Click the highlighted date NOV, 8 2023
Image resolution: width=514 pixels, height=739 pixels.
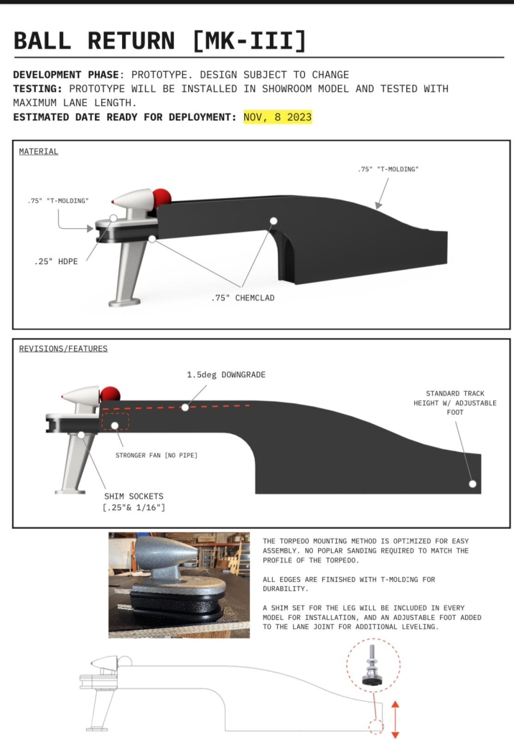click(278, 117)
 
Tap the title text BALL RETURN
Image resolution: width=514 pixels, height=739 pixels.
click(94, 40)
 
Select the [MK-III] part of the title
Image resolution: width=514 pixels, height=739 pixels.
click(249, 40)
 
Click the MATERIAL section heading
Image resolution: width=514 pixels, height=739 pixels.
click(39, 151)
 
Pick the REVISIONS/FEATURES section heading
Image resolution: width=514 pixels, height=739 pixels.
click(63, 348)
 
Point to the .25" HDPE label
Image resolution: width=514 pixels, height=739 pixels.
click(56, 261)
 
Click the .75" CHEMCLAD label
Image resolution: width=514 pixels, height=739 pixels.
click(243, 298)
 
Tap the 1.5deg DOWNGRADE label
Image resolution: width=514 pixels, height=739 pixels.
click(226, 375)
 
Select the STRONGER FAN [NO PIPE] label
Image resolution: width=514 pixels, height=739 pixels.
click(156, 456)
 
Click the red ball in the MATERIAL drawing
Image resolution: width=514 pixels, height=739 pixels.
click(162, 197)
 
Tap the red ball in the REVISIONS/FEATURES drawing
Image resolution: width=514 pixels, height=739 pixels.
click(110, 394)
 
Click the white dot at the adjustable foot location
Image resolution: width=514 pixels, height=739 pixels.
click(472, 484)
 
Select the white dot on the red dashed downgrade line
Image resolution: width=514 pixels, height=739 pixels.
click(185, 408)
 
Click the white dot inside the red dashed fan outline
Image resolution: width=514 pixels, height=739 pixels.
click(115, 425)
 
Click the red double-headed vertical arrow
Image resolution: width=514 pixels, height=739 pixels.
click(395, 719)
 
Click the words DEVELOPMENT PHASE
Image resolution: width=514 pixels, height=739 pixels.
click(66, 75)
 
